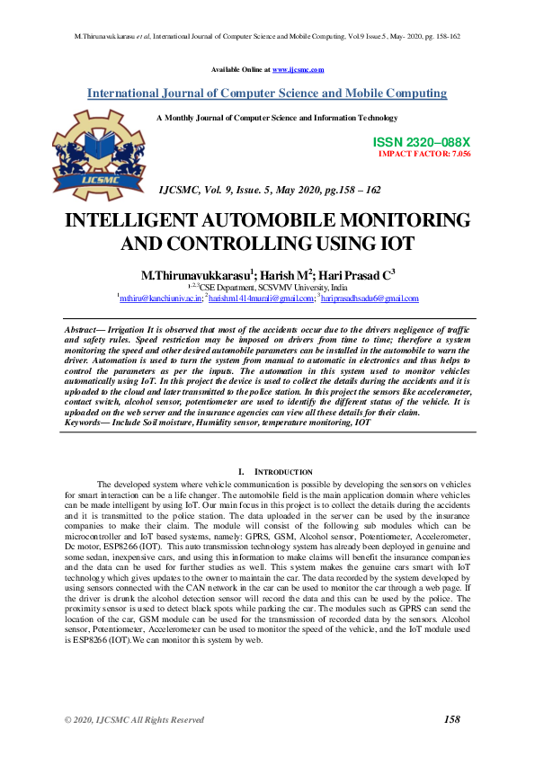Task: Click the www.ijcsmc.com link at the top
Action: tap(298, 69)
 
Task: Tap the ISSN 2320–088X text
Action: tap(421, 143)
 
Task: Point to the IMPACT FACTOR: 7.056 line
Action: tap(424, 154)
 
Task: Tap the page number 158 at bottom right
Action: tap(452, 719)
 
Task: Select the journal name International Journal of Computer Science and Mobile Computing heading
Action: tap(267, 94)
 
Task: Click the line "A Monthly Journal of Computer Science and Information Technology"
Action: tap(277, 118)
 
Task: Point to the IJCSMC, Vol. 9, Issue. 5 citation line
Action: tap(269, 191)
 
